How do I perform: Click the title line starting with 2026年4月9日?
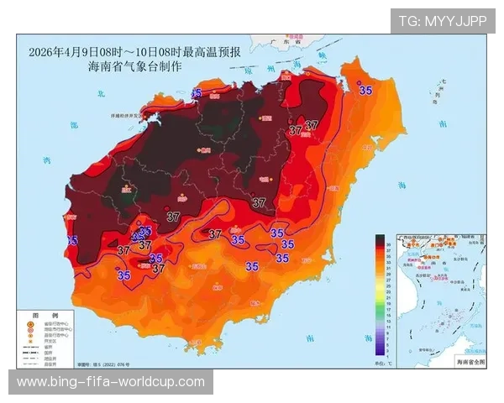click(134, 52)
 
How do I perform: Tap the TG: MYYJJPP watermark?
click(443, 20)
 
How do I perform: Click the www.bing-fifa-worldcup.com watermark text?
click(111, 382)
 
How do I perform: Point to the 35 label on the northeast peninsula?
click(365, 90)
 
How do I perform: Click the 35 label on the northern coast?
click(198, 92)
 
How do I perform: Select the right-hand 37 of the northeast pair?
click(312, 125)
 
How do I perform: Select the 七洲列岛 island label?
click(442, 91)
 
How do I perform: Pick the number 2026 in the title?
click(40, 52)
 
